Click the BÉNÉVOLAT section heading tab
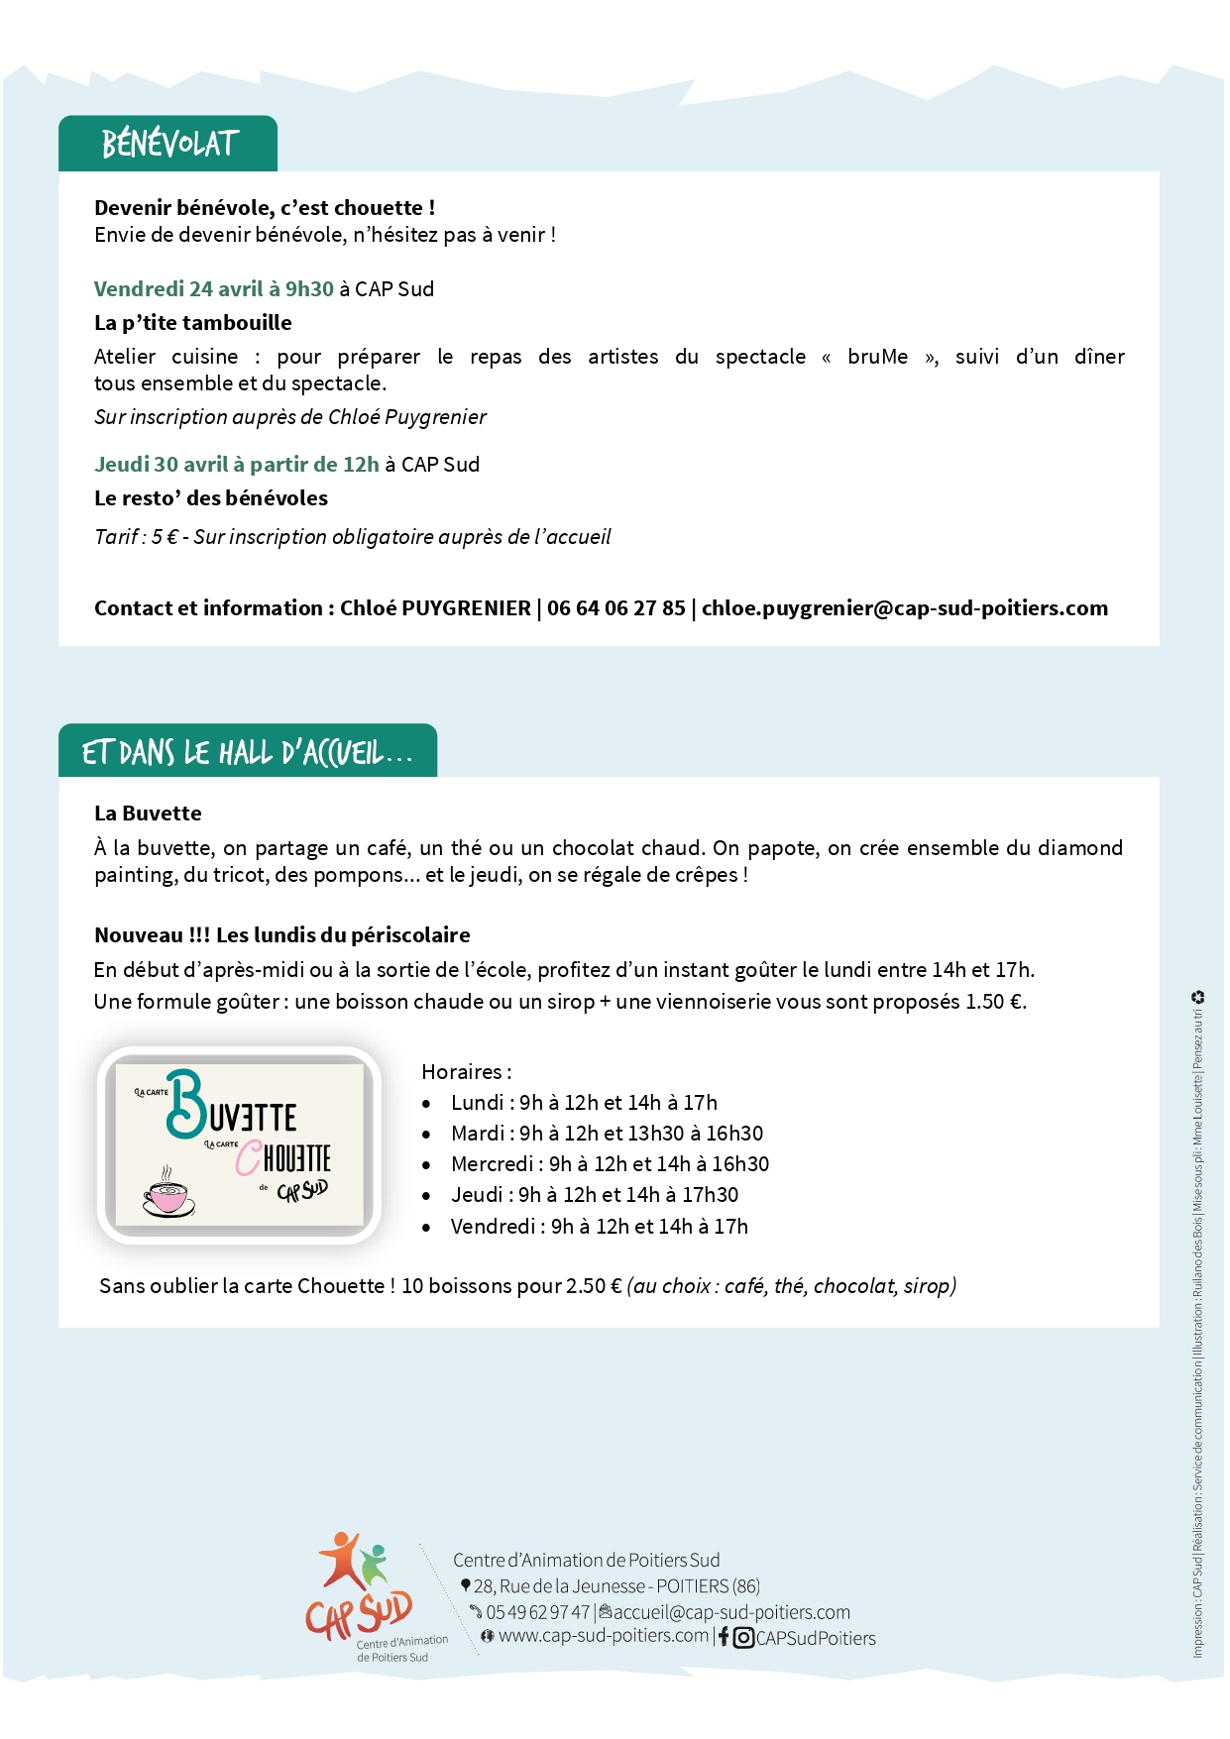[x=168, y=145]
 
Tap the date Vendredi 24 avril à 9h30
[x=213, y=289]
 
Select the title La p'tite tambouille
[x=193, y=323]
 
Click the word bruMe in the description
[x=877, y=357]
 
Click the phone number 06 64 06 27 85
[x=615, y=608]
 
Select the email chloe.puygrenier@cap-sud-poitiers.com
[x=904, y=608]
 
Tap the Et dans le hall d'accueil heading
[x=247, y=753]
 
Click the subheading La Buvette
[x=148, y=814]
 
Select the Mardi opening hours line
[x=607, y=1134]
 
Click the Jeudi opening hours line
[x=594, y=1195]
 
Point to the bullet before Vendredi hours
[x=426, y=1228]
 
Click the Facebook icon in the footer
[x=724, y=1638]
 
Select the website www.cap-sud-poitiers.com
[x=603, y=1636]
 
